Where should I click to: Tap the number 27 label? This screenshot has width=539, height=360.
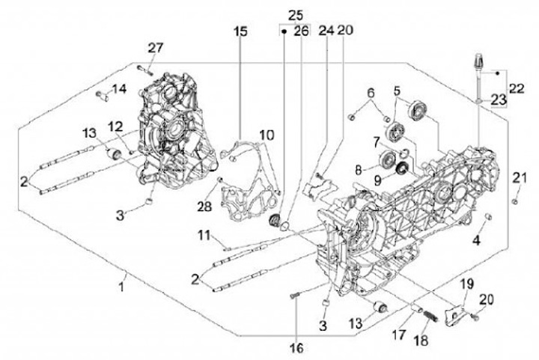point(155,48)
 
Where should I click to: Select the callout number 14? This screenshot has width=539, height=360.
point(119,91)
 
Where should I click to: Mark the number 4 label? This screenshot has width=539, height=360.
point(474,240)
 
